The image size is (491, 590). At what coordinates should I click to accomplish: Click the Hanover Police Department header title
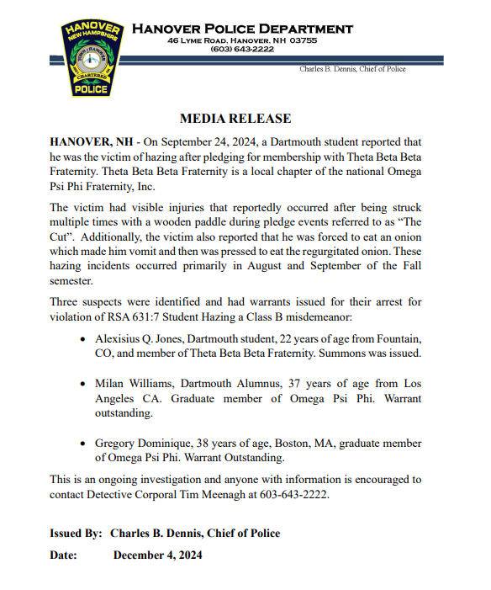pos(242,29)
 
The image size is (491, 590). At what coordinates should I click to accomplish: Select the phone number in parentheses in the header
pos(242,50)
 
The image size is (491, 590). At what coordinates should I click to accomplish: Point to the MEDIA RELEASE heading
pos(235,119)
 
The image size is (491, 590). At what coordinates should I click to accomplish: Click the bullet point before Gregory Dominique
pos(82,443)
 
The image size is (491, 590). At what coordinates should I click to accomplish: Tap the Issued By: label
pos(77,534)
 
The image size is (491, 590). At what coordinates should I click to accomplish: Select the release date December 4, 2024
pos(157,555)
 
